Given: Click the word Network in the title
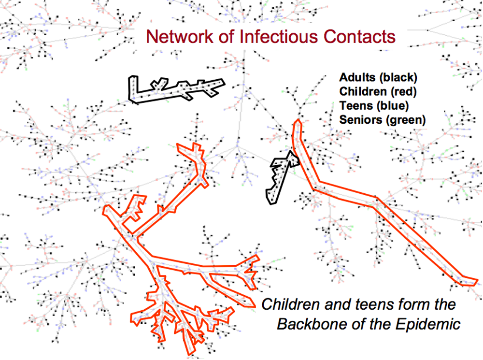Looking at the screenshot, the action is [x=180, y=36].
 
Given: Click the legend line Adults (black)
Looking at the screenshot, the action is [x=378, y=77].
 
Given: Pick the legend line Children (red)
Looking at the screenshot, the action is [x=378, y=91].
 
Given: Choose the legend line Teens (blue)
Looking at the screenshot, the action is [x=374, y=106].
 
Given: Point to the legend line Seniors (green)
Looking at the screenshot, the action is [x=383, y=120].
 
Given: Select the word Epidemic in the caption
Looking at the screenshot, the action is [x=428, y=324].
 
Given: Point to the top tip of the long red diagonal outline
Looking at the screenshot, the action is [x=298, y=120].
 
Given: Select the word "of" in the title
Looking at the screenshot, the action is [x=226, y=36].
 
